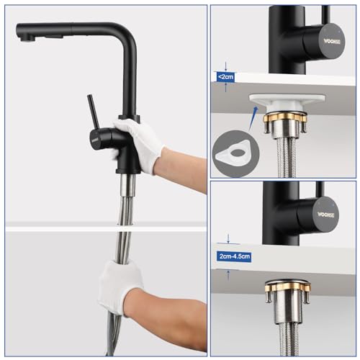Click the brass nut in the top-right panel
point(286,118)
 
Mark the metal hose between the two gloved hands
point(124,216)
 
